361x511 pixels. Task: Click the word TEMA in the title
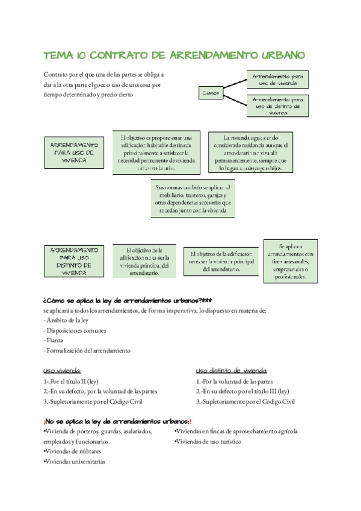pos(58,55)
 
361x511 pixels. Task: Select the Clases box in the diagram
pos(211,93)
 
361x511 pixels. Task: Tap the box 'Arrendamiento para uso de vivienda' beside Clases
pos(277,80)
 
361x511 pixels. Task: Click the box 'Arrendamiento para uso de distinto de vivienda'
pos(277,105)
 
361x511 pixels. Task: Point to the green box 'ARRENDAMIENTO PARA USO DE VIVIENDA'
pos(74,152)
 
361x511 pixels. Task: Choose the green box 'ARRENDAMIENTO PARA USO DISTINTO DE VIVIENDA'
pos(74,260)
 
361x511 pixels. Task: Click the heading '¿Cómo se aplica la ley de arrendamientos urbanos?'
pos(127,301)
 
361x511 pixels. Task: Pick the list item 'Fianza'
pos(54,340)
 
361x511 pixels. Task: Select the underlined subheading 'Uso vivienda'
pos(62,371)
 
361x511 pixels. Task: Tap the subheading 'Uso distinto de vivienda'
pos(232,371)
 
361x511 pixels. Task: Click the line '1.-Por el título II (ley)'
pos(71,381)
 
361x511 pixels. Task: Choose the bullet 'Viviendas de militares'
pos(72,451)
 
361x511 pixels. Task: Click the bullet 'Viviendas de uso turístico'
pos(208,442)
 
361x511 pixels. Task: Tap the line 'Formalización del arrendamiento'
pos(88,350)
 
